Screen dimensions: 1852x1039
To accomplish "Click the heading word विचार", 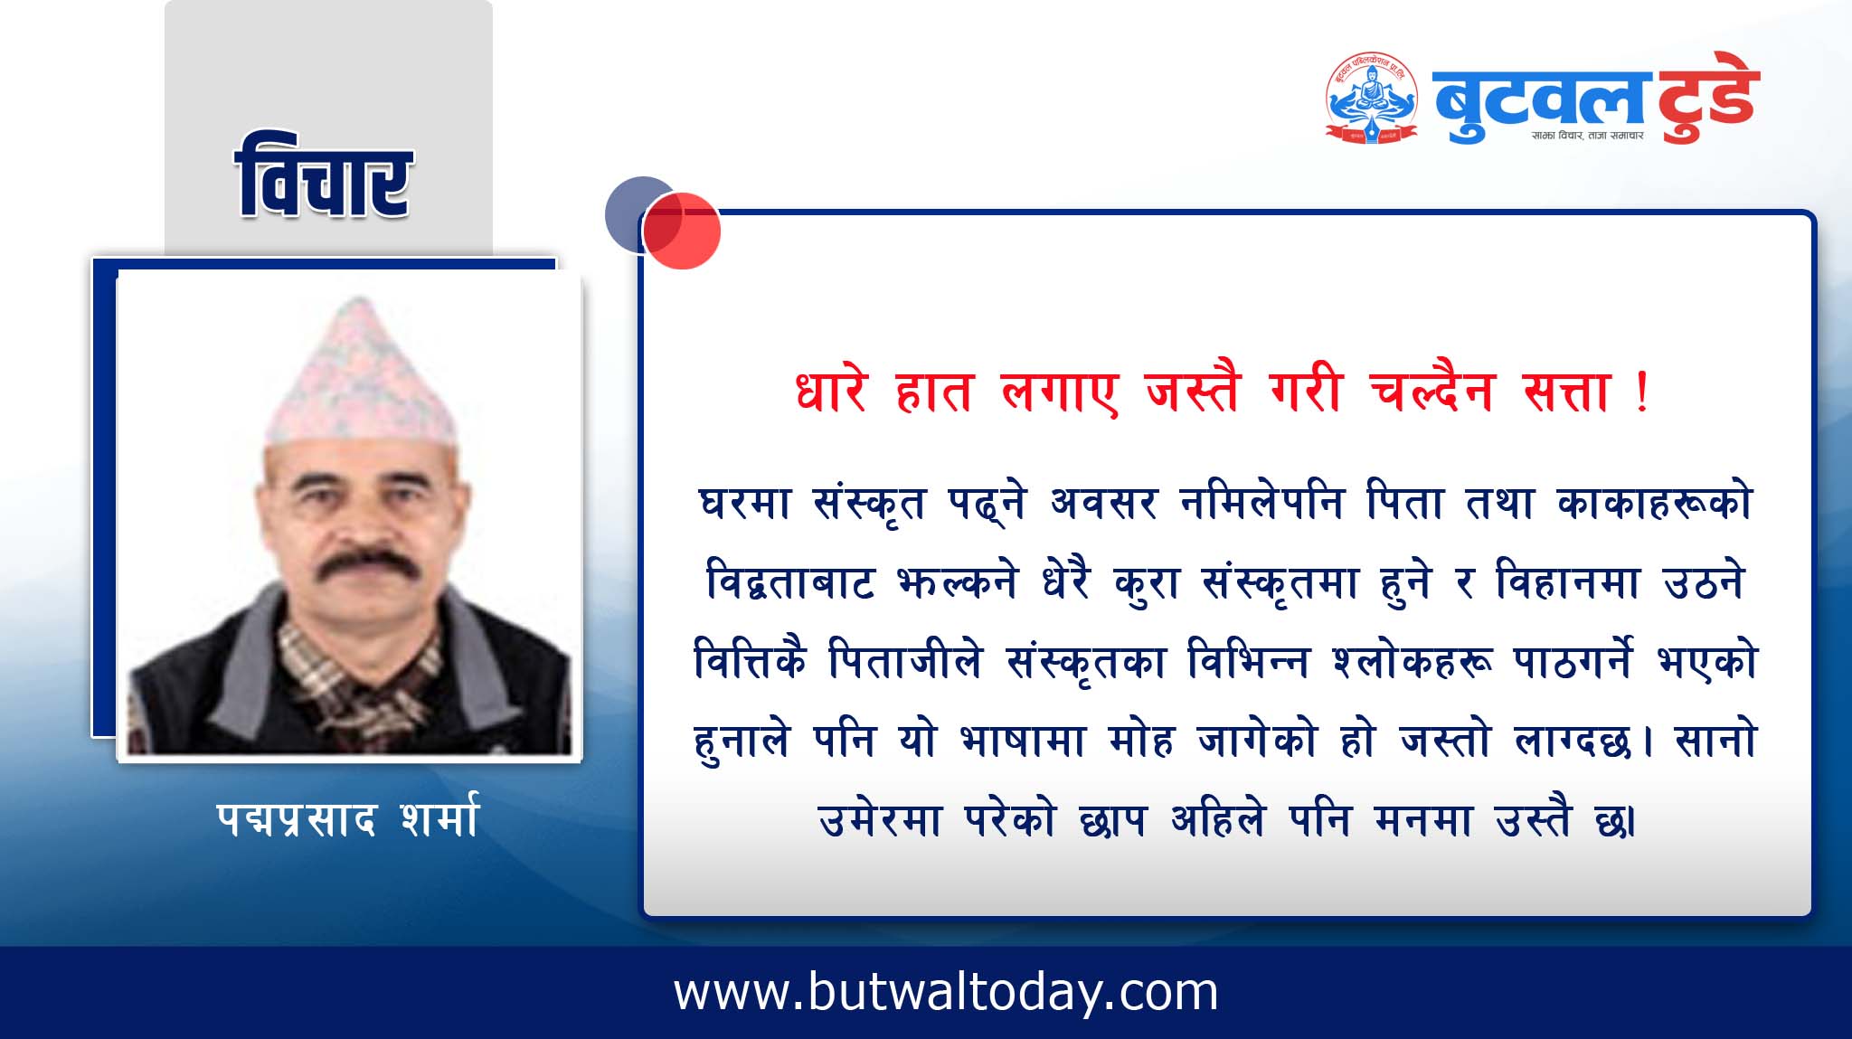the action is point(323,176).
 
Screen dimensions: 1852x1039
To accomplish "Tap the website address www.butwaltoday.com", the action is point(946,993).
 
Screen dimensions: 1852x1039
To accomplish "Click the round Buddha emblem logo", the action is point(1371,98).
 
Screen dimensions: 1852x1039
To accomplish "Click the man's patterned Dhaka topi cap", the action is point(360,371).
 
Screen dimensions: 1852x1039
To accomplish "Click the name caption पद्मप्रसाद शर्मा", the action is point(347,818).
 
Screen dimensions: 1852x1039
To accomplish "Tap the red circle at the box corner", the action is point(682,231).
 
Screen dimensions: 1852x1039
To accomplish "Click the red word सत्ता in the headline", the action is point(1567,392).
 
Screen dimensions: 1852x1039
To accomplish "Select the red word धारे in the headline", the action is point(831,391).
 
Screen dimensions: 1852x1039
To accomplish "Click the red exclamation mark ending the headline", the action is point(1642,394).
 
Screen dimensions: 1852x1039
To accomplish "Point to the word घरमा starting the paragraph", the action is point(745,503).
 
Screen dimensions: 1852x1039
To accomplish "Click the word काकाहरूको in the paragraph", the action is point(1655,503).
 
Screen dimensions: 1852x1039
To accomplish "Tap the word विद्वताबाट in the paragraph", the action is point(789,582).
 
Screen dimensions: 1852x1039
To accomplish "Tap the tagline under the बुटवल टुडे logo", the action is point(1587,136).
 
